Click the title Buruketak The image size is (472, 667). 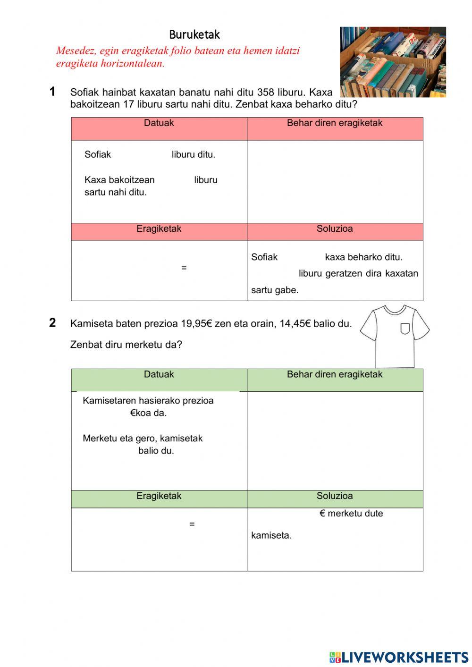[194, 34]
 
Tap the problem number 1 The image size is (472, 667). [52, 92]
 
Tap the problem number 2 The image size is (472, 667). [52, 323]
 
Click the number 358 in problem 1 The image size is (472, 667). [265, 92]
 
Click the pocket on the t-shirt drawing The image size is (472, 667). [405, 328]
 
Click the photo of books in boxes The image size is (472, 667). [393, 62]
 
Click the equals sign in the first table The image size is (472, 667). [184, 268]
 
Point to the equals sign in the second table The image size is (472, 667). [192, 524]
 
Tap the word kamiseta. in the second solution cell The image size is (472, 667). [271, 535]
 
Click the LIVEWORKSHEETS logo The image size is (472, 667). [398, 657]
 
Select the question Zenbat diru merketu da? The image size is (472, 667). [126, 345]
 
